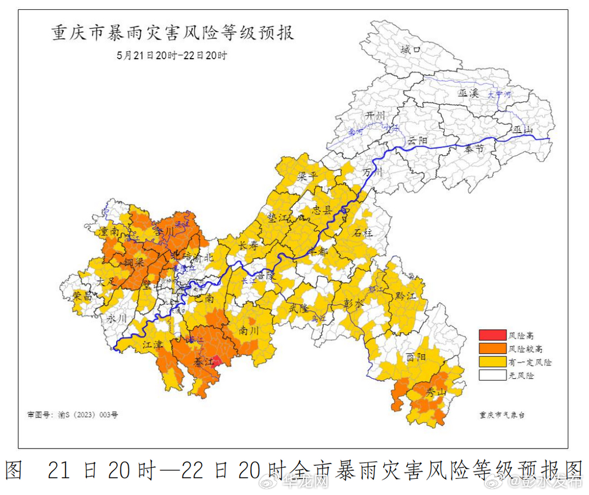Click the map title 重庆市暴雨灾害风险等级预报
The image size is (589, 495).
173,33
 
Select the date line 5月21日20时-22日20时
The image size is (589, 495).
172,56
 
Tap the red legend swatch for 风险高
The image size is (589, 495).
491,335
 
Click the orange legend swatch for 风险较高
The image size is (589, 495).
491,348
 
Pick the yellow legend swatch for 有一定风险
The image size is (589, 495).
491,362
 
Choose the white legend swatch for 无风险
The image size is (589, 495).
491,375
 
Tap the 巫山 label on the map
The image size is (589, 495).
523,130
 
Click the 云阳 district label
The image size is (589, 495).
418,141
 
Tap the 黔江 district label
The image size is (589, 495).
406,296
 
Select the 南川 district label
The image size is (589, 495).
250,331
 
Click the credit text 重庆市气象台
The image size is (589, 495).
502,414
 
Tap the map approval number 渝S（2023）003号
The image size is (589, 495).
72,414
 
